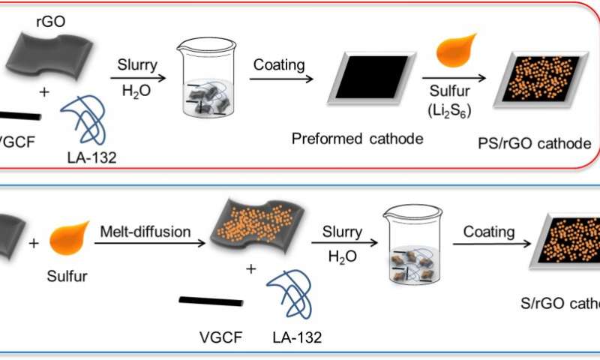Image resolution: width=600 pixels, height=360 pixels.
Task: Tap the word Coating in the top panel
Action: pyautogui.click(x=279, y=65)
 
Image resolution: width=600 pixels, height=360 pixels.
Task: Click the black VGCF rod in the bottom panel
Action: pyautogui.click(x=210, y=301)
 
